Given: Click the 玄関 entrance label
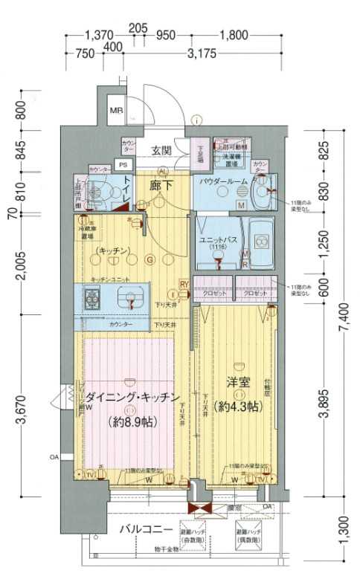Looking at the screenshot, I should coord(161,151).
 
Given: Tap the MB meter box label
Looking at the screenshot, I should coord(116,111).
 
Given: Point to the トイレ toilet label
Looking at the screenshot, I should coord(129,185).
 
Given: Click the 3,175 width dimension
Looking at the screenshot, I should coord(202,54).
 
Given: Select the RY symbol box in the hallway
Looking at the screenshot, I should coord(183,283).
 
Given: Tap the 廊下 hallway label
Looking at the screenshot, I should coord(161,186).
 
